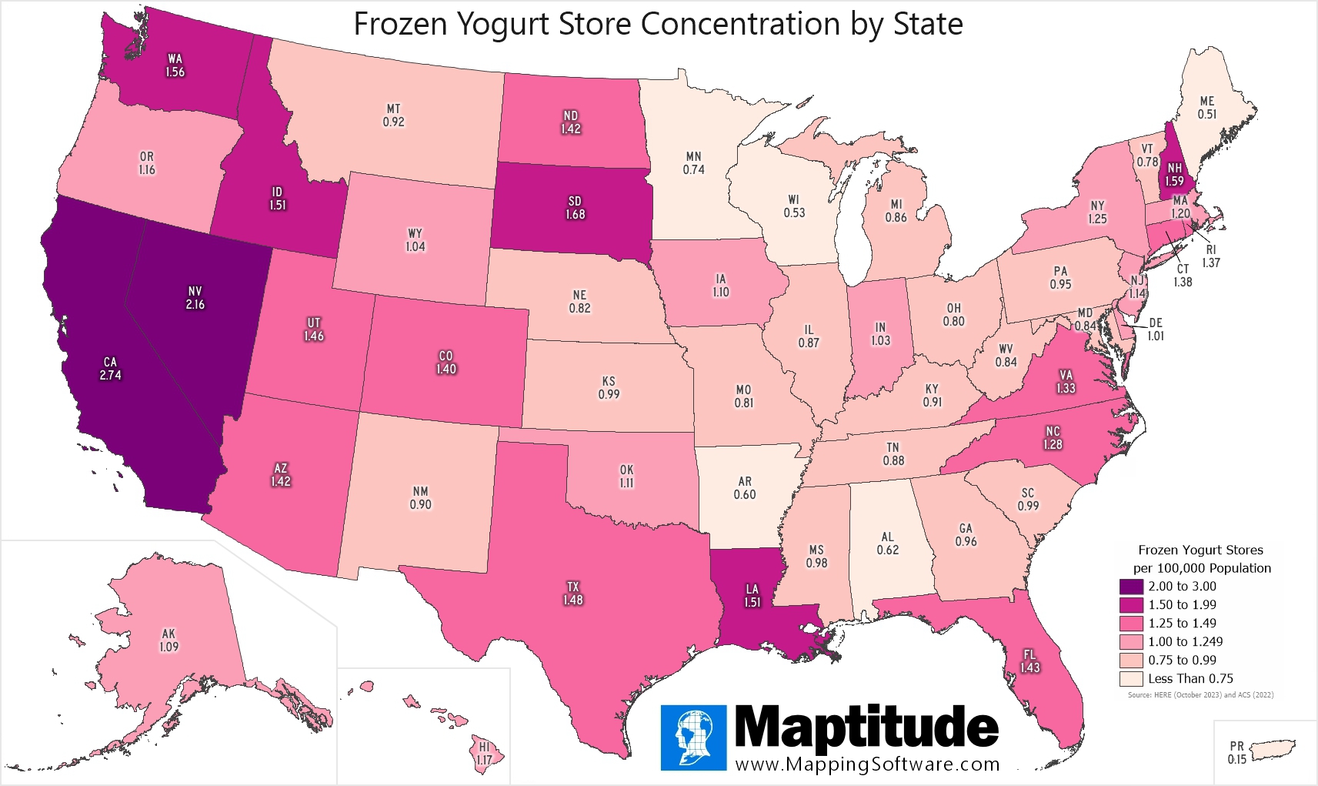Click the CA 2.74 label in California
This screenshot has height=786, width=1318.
pos(110,369)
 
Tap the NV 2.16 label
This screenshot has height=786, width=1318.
pos(195,298)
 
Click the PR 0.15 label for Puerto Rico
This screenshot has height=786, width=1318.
pos(1236,752)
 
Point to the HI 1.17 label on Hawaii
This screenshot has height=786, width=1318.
pos(484,754)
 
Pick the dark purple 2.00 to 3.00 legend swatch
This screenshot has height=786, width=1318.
pos(1130,587)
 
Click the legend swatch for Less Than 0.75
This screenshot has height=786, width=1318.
pos(1130,679)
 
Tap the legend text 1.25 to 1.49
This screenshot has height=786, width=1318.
pos(1182,624)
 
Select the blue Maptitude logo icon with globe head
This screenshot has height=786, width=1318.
pos(693,738)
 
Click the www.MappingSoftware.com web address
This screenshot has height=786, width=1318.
pos(867,764)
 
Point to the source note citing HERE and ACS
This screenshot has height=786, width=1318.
pos(1200,695)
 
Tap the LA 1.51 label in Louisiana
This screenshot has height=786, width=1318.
pos(752,596)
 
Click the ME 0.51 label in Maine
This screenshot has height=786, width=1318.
pos(1206,108)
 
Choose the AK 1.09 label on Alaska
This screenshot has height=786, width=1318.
pos(169,641)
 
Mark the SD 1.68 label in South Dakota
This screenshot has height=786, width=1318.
pos(575,208)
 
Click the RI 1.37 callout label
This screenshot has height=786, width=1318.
pos(1210,256)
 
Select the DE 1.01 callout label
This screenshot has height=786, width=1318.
pos(1155,329)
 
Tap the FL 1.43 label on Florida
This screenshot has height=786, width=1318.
pos(1029,661)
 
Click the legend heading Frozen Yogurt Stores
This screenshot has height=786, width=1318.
pos(1200,550)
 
